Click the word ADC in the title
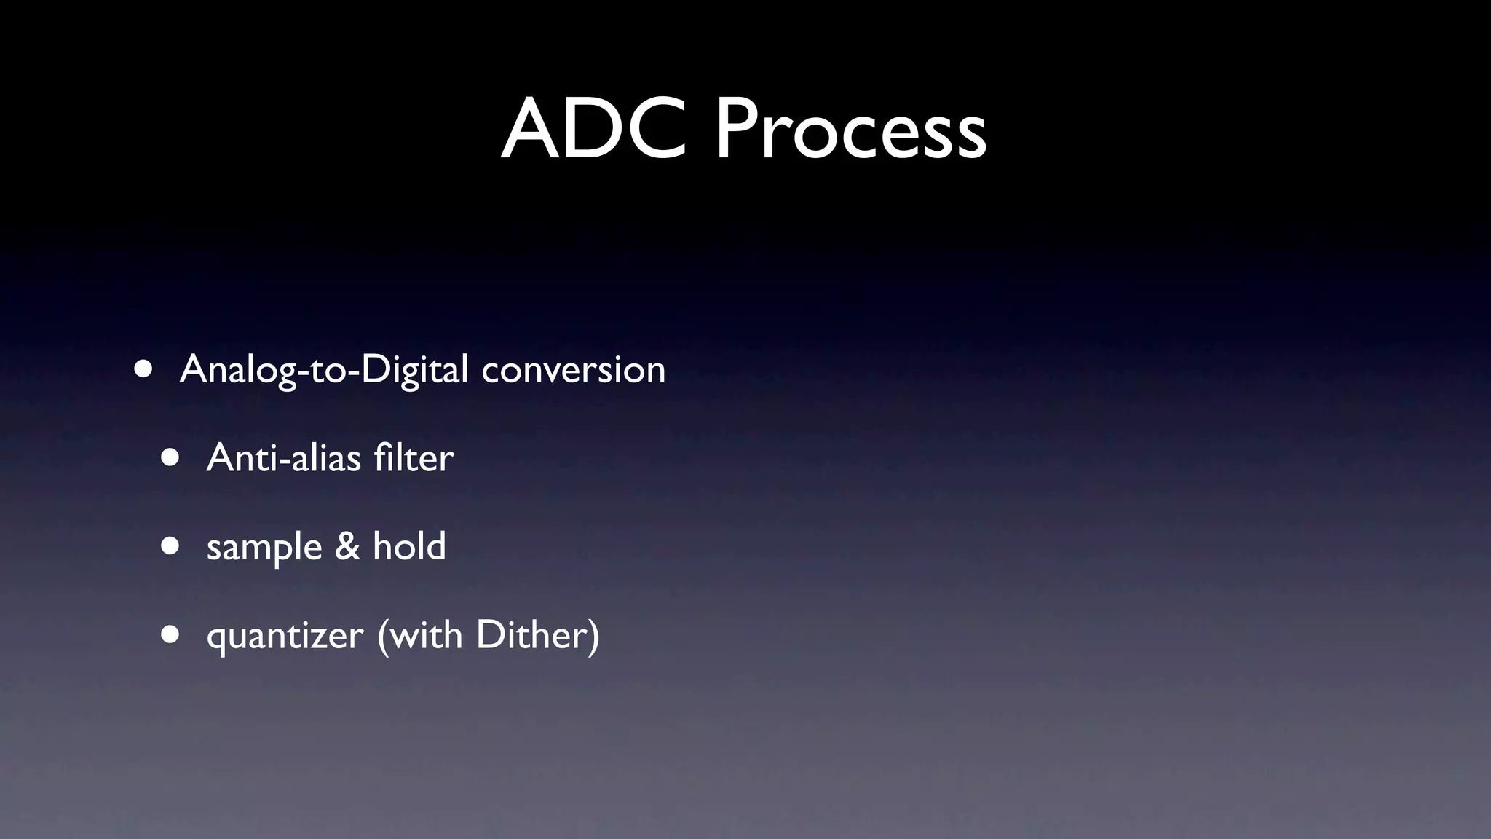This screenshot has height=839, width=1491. pyautogui.click(x=593, y=130)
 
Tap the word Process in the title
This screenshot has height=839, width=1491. pyautogui.click(x=850, y=130)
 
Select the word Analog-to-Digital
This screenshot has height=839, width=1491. pyautogui.click(x=324, y=370)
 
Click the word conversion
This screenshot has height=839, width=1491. pyautogui.click(x=573, y=370)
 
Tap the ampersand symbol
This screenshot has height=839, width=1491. pyautogui.click(x=347, y=546)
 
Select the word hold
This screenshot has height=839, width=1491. pyautogui.click(x=409, y=546)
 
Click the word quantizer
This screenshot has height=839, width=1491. pyautogui.click(x=285, y=636)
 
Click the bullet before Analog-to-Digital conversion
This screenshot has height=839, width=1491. pyautogui.click(x=143, y=369)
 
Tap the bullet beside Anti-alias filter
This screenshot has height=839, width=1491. pyautogui.click(x=170, y=457)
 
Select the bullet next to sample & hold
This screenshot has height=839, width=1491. pyautogui.click(x=170, y=546)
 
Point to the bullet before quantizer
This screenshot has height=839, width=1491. pyautogui.click(x=170, y=634)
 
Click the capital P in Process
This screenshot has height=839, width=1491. pyautogui.click(x=735, y=130)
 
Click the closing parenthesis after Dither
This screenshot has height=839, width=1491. pyautogui.click(x=593, y=635)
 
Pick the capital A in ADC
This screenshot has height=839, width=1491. pyautogui.click(x=530, y=130)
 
